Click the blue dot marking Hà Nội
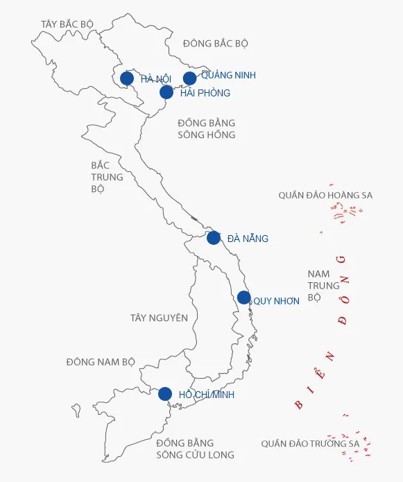(127, 78)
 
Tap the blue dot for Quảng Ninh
(189, 78)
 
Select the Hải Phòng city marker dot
(166, 92)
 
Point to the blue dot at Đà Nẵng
(214, 238)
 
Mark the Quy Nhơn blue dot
(243, 298)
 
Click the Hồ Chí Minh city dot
(164, 394)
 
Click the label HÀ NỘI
(155, 79)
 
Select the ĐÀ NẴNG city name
(248, 239)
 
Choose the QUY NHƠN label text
(276, 301)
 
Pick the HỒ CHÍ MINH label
(207, 395)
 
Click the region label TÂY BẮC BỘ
(67, 24)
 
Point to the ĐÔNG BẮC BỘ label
(216, 44)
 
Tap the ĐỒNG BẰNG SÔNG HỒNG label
(206, 129)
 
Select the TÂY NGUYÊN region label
(159, 318)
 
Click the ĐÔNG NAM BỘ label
(101, 362)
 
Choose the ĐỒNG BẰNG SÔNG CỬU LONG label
(195, 449)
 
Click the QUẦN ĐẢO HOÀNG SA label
(325, 196)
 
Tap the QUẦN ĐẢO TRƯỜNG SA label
(310, 443)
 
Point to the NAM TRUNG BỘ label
(323, 286)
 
